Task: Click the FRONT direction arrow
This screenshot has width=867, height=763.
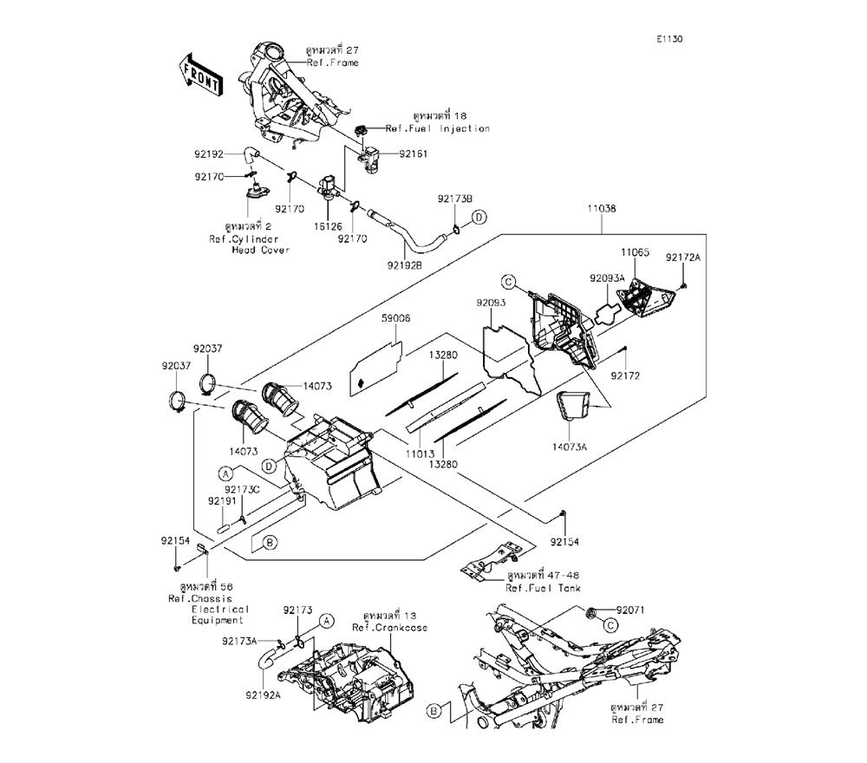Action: point(200,73)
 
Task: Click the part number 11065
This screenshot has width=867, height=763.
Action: point(634,251)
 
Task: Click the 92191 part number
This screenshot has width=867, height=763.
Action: point(223,501)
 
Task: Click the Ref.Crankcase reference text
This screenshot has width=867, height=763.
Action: point(389,627)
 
